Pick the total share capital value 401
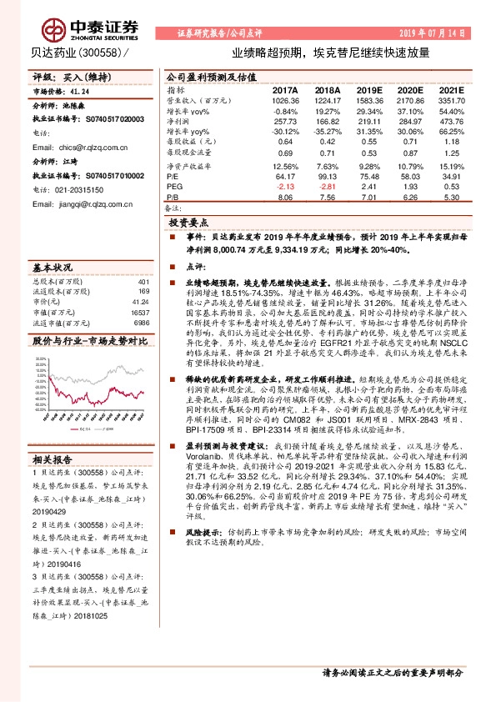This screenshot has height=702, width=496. coord(143,281)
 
